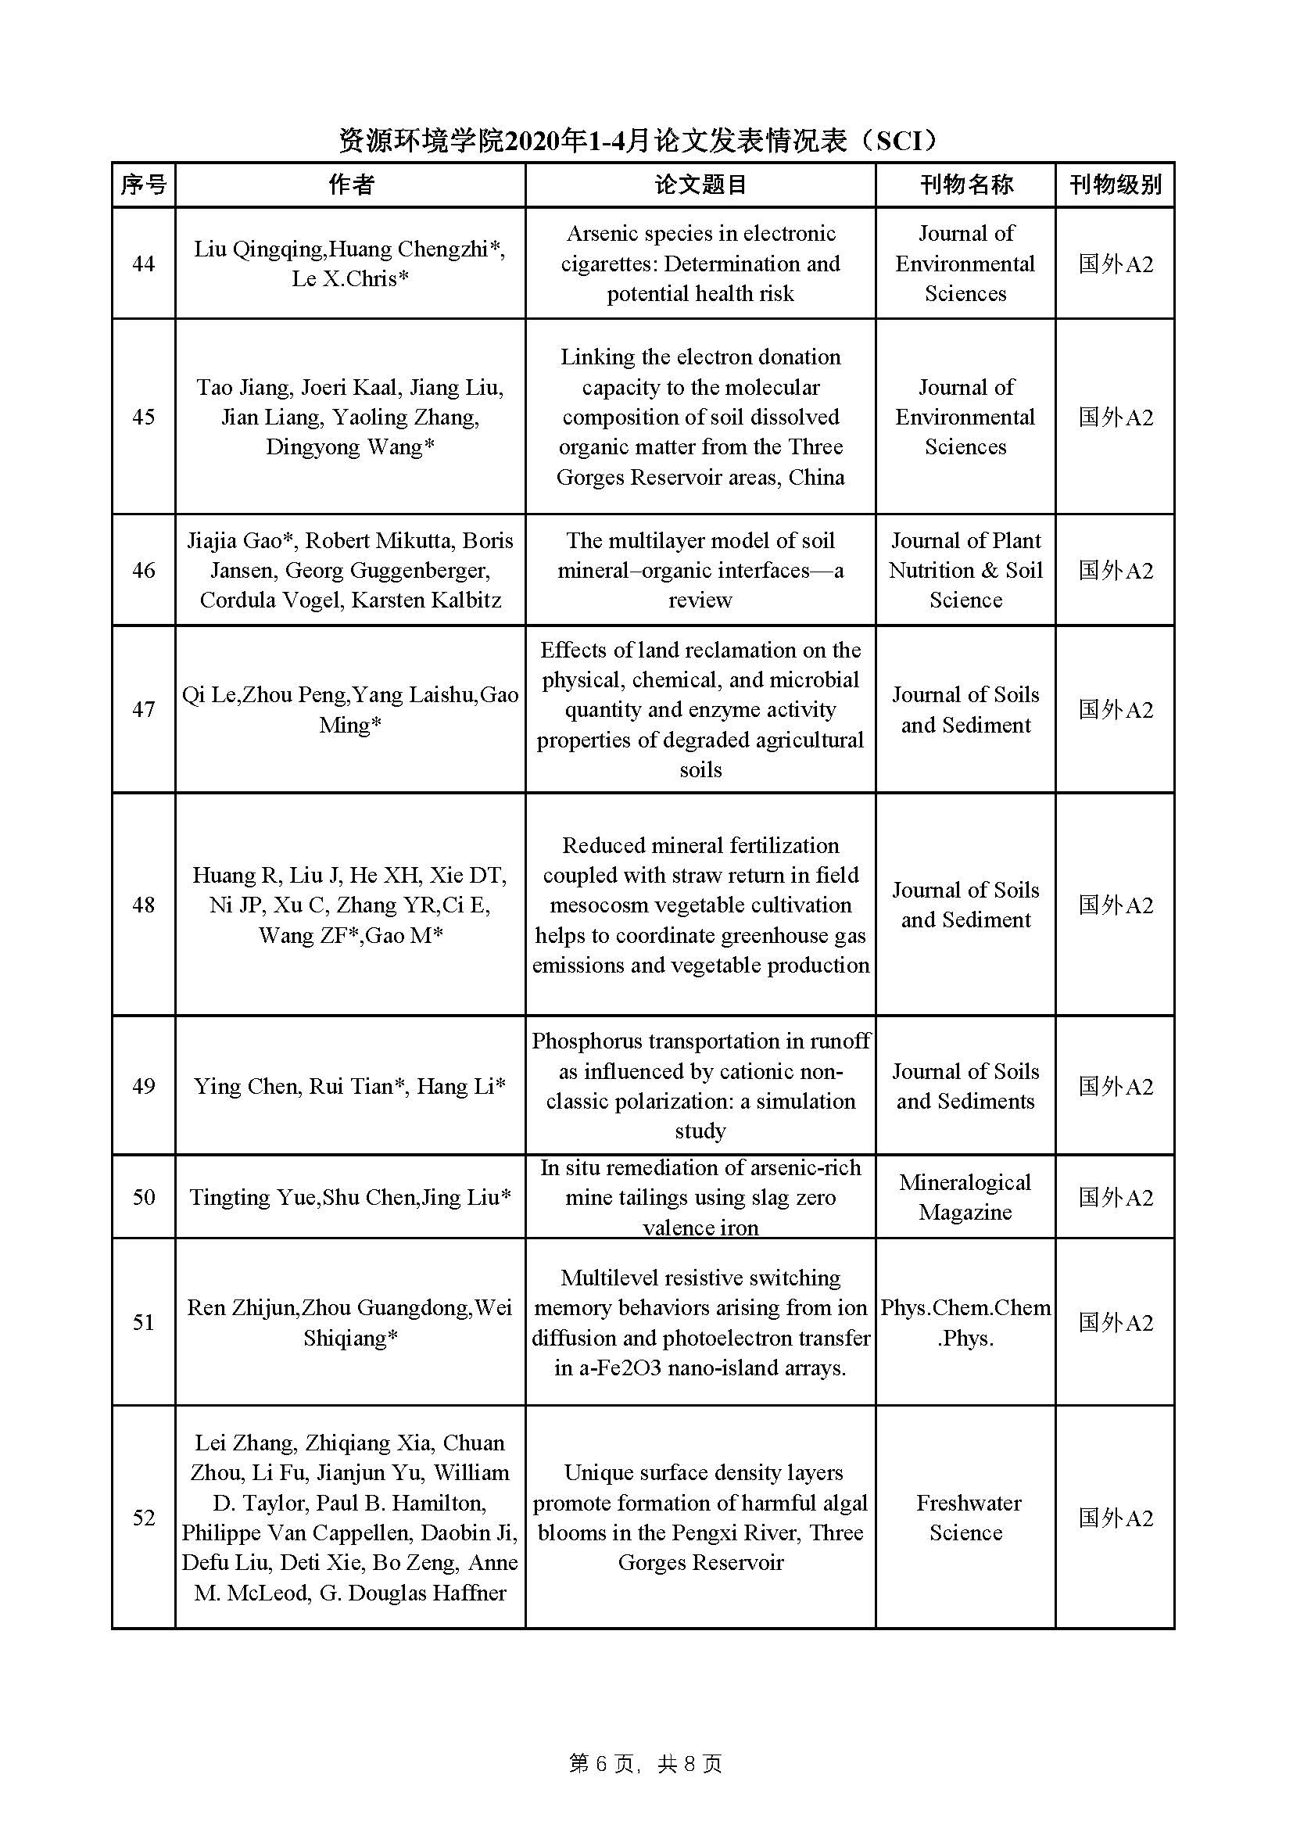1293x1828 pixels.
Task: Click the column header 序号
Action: (143, 185)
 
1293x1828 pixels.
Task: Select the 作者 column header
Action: (350, 185)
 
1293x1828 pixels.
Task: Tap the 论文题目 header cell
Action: (700, 185)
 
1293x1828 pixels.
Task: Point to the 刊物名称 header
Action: (965, 185)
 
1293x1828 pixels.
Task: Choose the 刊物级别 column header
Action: (1115, 185)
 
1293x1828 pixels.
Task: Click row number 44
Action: (143, 263)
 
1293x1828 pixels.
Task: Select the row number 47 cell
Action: (143, 709)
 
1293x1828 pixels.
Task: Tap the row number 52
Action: (143, 1518)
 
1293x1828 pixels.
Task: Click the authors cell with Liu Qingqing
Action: (350, 263)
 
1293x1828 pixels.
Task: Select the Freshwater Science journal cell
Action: (965, 1518)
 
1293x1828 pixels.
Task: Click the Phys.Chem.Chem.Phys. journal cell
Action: (965, 1322)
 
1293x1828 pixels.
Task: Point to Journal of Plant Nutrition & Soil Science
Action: (965, 570)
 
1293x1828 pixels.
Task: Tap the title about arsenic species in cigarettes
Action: (700, 263)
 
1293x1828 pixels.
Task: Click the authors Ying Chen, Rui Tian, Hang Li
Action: (350, 1086)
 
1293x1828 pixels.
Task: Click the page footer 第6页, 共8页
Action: (646, 1765)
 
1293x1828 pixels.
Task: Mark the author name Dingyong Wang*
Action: (350, 446)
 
